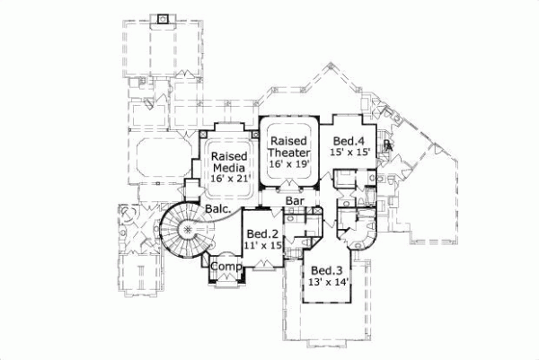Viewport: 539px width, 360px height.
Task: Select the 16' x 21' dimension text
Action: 229,180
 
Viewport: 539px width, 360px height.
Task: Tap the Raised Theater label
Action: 289,147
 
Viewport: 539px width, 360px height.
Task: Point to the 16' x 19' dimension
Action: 289,165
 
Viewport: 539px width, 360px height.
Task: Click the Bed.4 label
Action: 349,141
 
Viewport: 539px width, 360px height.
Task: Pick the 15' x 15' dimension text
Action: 349,154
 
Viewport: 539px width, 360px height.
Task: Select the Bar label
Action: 294,203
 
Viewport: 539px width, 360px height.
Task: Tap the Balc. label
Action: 221,211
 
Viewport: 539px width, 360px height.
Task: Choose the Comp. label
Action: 224,267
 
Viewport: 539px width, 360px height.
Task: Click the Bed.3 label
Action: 325,271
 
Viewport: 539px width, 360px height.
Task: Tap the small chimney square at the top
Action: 162,18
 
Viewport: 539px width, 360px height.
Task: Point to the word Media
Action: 229,168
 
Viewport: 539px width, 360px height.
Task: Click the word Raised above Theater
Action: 289,141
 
